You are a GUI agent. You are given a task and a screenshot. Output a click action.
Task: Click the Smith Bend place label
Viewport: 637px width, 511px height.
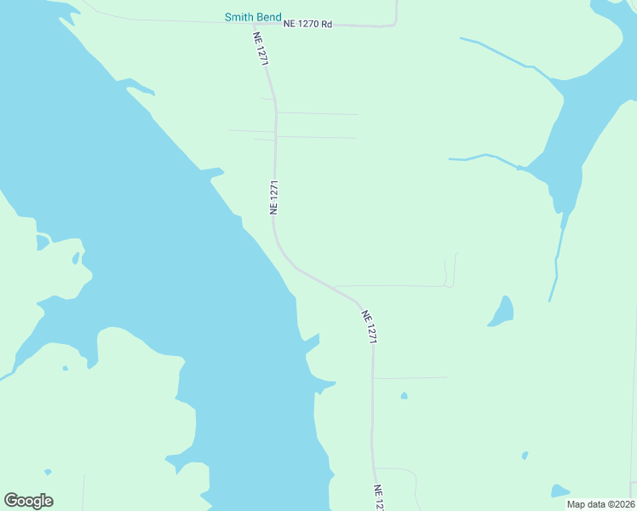[252, 17]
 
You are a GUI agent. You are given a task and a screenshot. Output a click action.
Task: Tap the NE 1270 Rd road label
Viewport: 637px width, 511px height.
[307, 25]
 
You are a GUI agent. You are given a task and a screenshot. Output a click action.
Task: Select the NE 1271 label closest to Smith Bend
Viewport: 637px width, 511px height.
[261, 49]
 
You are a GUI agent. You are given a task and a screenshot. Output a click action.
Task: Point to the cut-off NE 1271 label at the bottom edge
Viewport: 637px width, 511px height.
[379, 497]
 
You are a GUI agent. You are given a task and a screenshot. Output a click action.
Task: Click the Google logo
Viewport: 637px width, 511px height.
[28, 501]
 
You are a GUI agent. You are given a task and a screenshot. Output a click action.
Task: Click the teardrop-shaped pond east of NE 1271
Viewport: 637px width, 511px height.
[502, 312]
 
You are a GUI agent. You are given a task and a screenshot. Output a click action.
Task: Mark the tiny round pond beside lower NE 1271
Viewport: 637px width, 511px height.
[404, 395]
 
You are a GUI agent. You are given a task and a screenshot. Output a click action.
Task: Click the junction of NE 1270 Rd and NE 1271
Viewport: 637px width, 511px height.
[255, 25]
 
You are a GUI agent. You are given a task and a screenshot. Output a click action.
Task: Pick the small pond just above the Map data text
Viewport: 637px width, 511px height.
[559, 491]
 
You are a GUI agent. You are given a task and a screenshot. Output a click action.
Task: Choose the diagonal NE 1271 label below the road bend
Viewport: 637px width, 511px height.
[369, 326]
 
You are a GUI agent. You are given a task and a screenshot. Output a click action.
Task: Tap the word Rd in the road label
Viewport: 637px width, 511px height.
[326, 25]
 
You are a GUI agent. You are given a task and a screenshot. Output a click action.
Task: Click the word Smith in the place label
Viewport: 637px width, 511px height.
[238, 17]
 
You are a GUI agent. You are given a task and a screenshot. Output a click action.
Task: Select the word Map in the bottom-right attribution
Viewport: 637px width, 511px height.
[576, 504]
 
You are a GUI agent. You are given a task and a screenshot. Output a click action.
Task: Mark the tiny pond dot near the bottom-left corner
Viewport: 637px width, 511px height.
[48, 472]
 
